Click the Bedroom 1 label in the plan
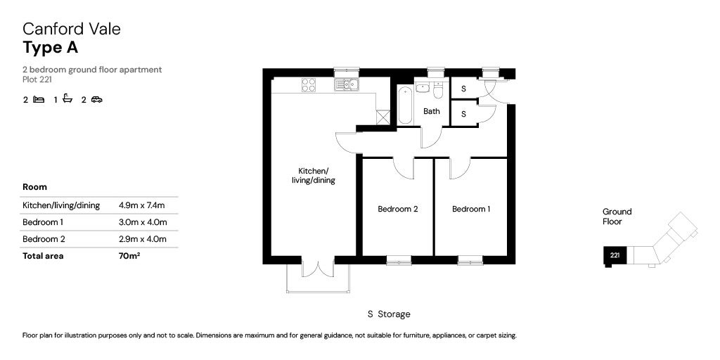471,209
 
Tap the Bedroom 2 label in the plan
398,209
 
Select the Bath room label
431,111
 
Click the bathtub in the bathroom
405,105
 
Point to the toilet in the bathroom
438,91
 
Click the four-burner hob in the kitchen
309,85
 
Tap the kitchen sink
346,85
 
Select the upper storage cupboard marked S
463,89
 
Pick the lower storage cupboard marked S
463,114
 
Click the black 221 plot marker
615,255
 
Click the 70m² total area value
129,256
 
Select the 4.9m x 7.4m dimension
141,205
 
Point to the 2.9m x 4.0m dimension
142,239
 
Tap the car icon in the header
96,99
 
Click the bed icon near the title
39,99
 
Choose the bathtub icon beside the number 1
67,98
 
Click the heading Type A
51,47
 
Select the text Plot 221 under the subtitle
37,79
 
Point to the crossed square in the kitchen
383,117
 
